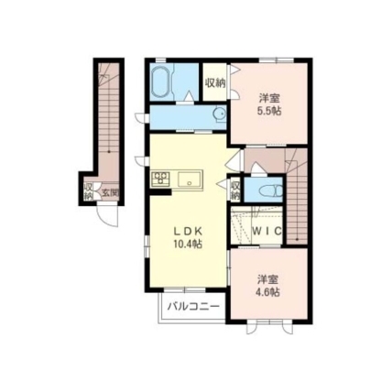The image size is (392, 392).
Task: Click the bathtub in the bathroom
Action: (160, 82)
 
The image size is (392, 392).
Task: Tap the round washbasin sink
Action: (219, 114)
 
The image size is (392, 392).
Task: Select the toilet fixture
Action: (271, 191)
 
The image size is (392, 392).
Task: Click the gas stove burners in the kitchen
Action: (160, 178)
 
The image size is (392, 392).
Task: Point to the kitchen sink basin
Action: (190, 179)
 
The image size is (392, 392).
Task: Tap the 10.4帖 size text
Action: (188, 244)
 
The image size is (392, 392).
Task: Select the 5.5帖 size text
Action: (269, 111)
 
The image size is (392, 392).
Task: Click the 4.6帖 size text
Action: (267, 292)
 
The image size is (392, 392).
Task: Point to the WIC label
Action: (267, 231)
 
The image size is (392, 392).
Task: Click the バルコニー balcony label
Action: (193, 306)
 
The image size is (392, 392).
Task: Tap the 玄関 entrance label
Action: (110, 192)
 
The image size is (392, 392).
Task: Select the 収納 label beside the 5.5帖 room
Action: (215, 82)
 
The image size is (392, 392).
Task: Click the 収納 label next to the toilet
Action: (235, 190)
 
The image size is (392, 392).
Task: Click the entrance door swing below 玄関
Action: (107, 216)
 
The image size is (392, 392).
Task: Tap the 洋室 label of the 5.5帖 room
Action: (269, 99)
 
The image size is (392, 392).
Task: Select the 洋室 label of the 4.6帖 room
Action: (267, 279)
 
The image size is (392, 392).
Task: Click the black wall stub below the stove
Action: (160, 192)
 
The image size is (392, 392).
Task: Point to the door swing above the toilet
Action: (257, 169)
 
